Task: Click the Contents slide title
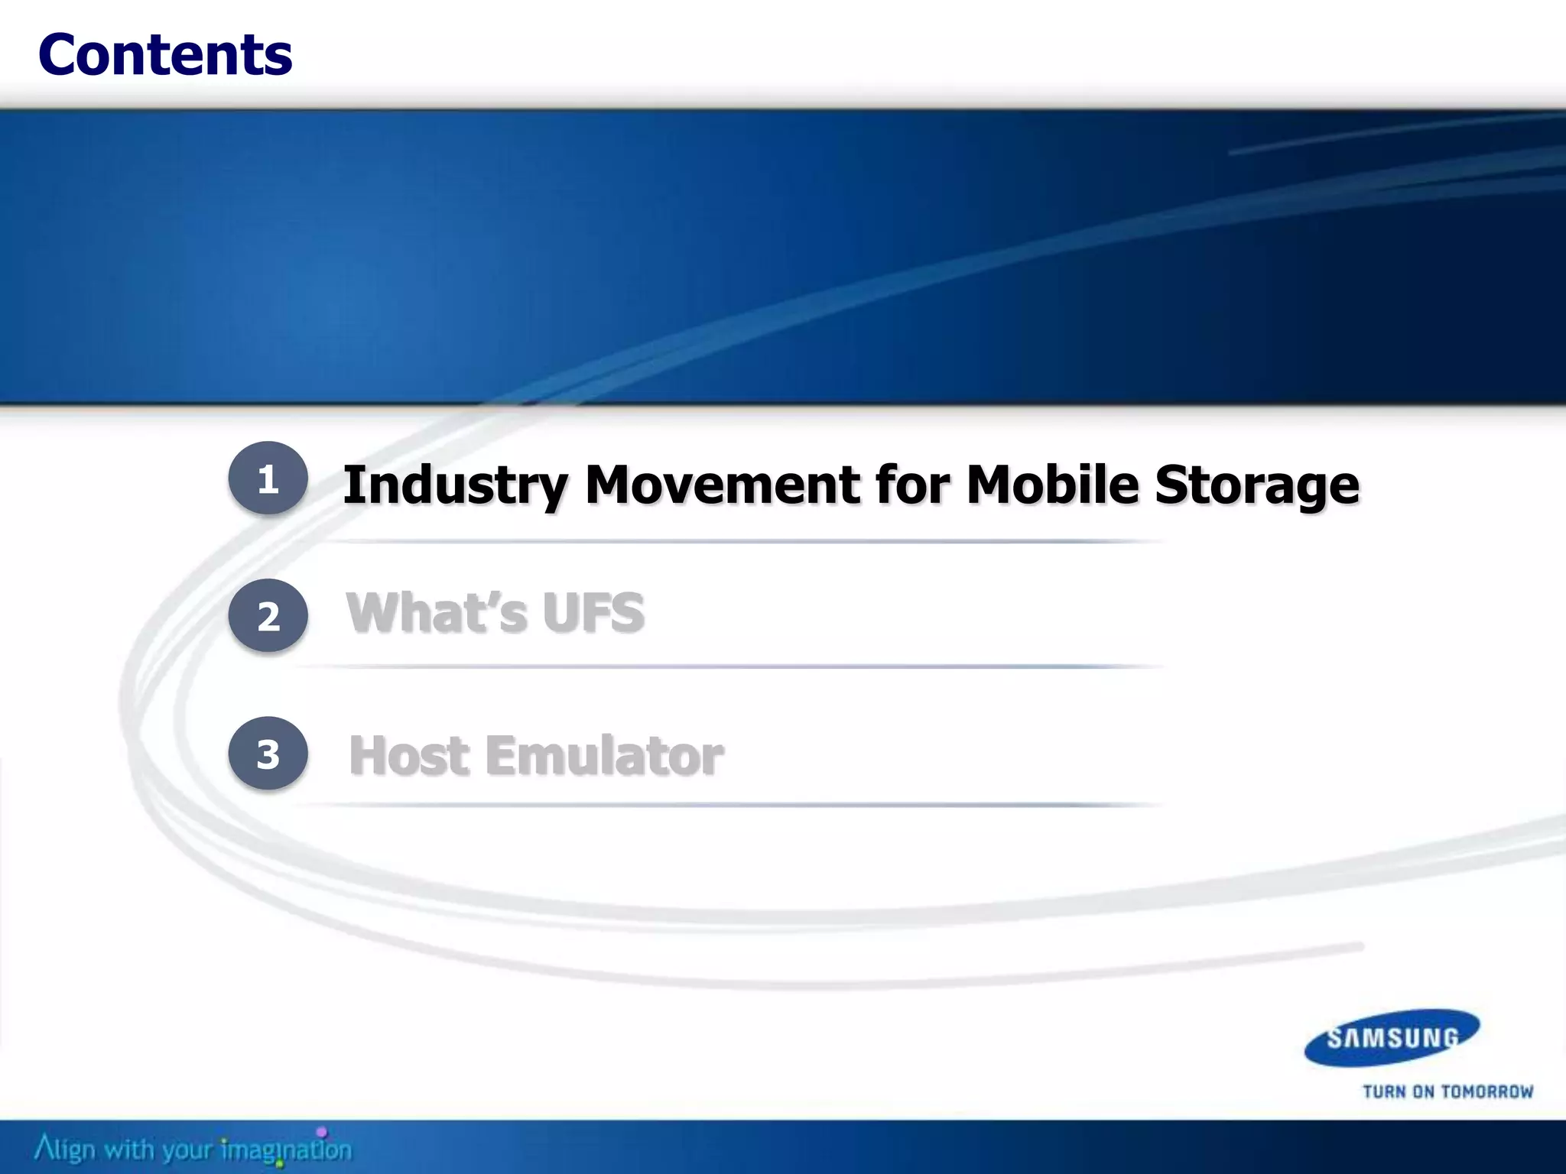point(165,55)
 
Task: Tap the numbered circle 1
point(268,478)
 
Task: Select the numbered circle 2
point(268,616)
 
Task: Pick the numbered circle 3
point(268,754)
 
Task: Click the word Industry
point(456,486)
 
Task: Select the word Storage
point(1257,486)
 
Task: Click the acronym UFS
point(593,613)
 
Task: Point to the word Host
point(409,755)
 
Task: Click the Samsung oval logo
point(1392,1037)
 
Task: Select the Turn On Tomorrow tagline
point(1447,1091)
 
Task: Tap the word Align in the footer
point(65,1149)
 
